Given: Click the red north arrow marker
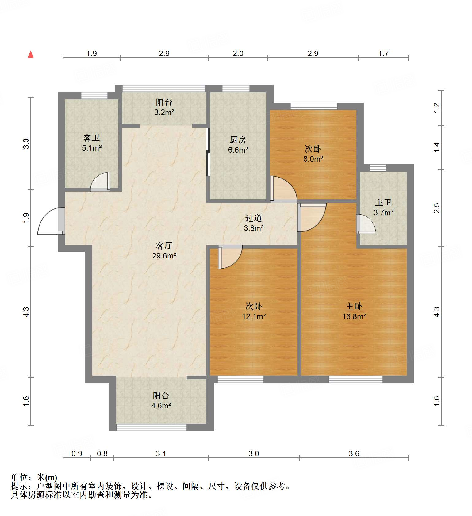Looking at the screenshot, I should (31, 55).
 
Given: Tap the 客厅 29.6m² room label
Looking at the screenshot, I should (164, 250).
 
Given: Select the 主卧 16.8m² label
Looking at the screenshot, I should (354, 311).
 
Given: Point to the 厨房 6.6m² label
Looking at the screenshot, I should (238, 145).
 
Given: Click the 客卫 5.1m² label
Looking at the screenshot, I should (91, 143).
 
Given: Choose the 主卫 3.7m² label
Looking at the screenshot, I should (383, 207).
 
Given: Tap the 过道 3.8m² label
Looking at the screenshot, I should (254, 223).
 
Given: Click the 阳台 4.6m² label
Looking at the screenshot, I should (161, 400).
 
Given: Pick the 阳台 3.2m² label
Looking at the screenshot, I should (164, 107).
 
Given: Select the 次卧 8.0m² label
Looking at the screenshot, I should (313, 154).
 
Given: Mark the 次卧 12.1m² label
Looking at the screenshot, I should (254, 311).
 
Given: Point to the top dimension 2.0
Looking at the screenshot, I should (238, 53).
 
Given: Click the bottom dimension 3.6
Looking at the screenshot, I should (354, 453).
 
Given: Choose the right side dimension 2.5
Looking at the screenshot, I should (436, 208).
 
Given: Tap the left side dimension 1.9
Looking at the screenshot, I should (26, 218).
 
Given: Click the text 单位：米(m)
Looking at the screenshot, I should (34, 477).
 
